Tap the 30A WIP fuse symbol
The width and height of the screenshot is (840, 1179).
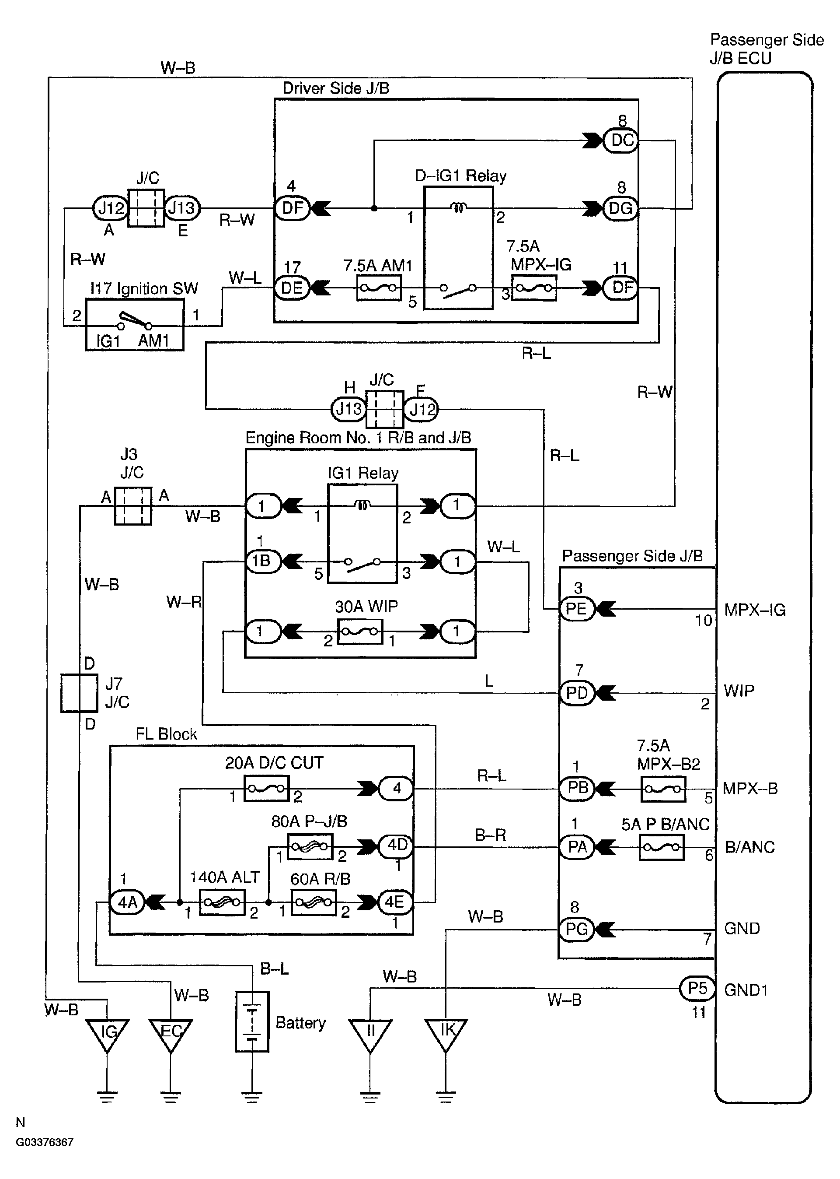tap(359, 632)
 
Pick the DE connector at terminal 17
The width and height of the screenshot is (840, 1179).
tap(291, 288)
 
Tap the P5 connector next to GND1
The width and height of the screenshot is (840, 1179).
tap(697, 988)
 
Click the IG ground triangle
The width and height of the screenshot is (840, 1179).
tap(107, 1035)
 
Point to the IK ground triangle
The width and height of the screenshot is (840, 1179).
tap(446, 1035)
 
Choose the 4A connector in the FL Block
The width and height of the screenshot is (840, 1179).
tap(127, 902)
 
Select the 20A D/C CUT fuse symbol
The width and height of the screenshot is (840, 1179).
tap(266, 789)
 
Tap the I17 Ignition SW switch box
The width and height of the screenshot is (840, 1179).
tap(135, 325)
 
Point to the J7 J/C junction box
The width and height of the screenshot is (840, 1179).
tap(79, 693)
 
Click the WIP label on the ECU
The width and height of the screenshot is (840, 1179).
tap(739, 691)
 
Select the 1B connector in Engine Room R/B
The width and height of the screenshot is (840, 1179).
tap(262, 561)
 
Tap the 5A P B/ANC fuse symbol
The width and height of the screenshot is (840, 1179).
tap(662, 847)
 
